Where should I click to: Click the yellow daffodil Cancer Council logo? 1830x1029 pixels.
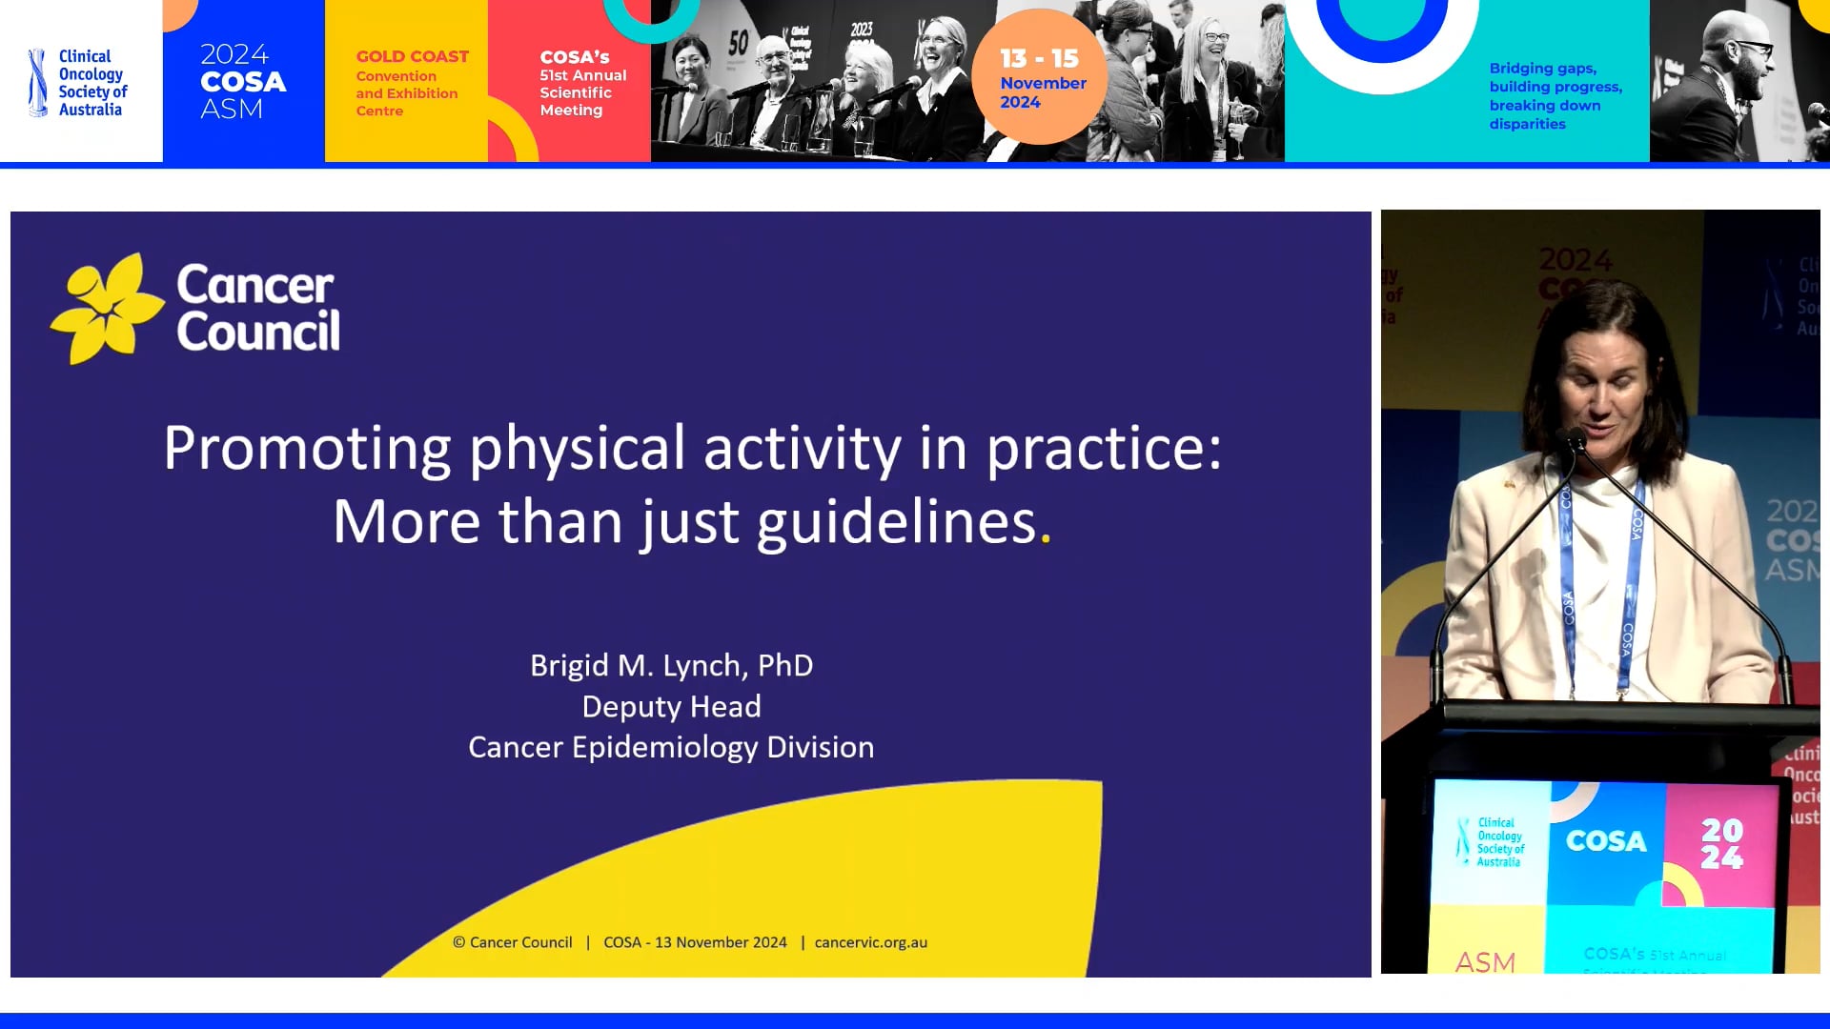tap(107, 308)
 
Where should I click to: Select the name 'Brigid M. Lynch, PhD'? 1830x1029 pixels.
tap(671, 665)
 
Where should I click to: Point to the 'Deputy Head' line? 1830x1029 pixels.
tap(671, 706)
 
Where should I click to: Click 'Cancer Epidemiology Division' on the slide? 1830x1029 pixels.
tap(671, 747)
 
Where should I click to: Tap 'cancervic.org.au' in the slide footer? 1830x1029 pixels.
tap(870, 942)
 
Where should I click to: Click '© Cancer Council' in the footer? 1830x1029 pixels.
tap(513, 942)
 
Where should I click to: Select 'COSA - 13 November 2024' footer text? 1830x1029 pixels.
tap(695, 942)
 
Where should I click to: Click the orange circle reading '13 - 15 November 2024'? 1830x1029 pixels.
tap(1040, 78)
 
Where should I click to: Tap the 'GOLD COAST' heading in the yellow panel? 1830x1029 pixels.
tap(412, 57)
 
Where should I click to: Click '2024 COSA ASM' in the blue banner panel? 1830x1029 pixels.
tap(242, 82)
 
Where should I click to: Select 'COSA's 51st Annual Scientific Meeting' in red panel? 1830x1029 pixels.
tap(581, 84)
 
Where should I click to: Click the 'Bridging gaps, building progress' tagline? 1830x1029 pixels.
tap(1555, 95)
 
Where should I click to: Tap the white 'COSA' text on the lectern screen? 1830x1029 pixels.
tap(1606, 841)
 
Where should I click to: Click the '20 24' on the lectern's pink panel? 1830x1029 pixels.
tap(1721, 844)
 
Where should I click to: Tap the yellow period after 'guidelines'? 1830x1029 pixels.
tap(1046, 539)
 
